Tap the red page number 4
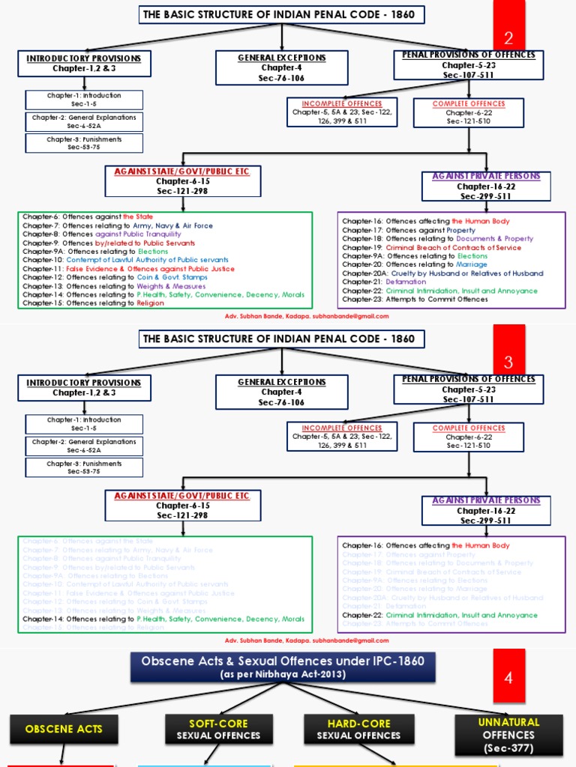tap(508, 679)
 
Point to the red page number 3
tap(508, 363)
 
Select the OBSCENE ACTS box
tap(64, 728)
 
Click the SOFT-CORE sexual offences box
tap(208, 728)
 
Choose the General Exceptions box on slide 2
tap(282, 68)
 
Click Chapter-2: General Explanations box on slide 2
tap(84, 121)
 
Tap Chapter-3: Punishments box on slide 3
tap(84, 467)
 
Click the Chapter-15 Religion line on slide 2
tap(94, 304)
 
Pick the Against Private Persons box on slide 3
tap(486, 511)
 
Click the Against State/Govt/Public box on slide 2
tap(181, 181)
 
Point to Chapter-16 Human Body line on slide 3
tap(426, 546)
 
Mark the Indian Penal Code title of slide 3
tap(282, 339)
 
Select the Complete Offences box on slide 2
tap(469, 112)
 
